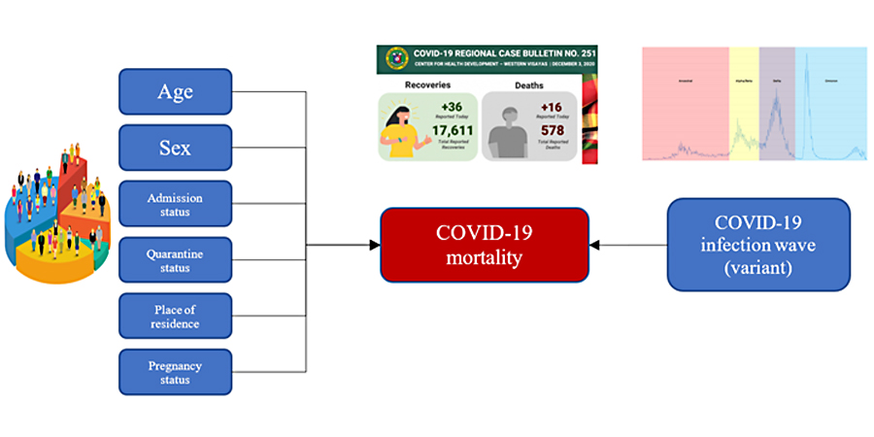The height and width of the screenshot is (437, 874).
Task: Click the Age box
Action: click(x=175, y=92)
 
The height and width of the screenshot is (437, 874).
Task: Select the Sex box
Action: click(x=175, y=148)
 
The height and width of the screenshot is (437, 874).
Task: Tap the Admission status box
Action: click(x=175, y=204)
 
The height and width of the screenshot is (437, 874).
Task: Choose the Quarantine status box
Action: click(x=175, y=260)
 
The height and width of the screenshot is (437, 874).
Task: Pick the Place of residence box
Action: click(x=175, y=317)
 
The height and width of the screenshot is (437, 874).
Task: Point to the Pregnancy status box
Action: click(x=175, y=372)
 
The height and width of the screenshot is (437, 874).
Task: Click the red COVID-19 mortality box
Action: click(x=484, y=245)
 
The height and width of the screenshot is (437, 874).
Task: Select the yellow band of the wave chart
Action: click(x=743, y=102)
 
